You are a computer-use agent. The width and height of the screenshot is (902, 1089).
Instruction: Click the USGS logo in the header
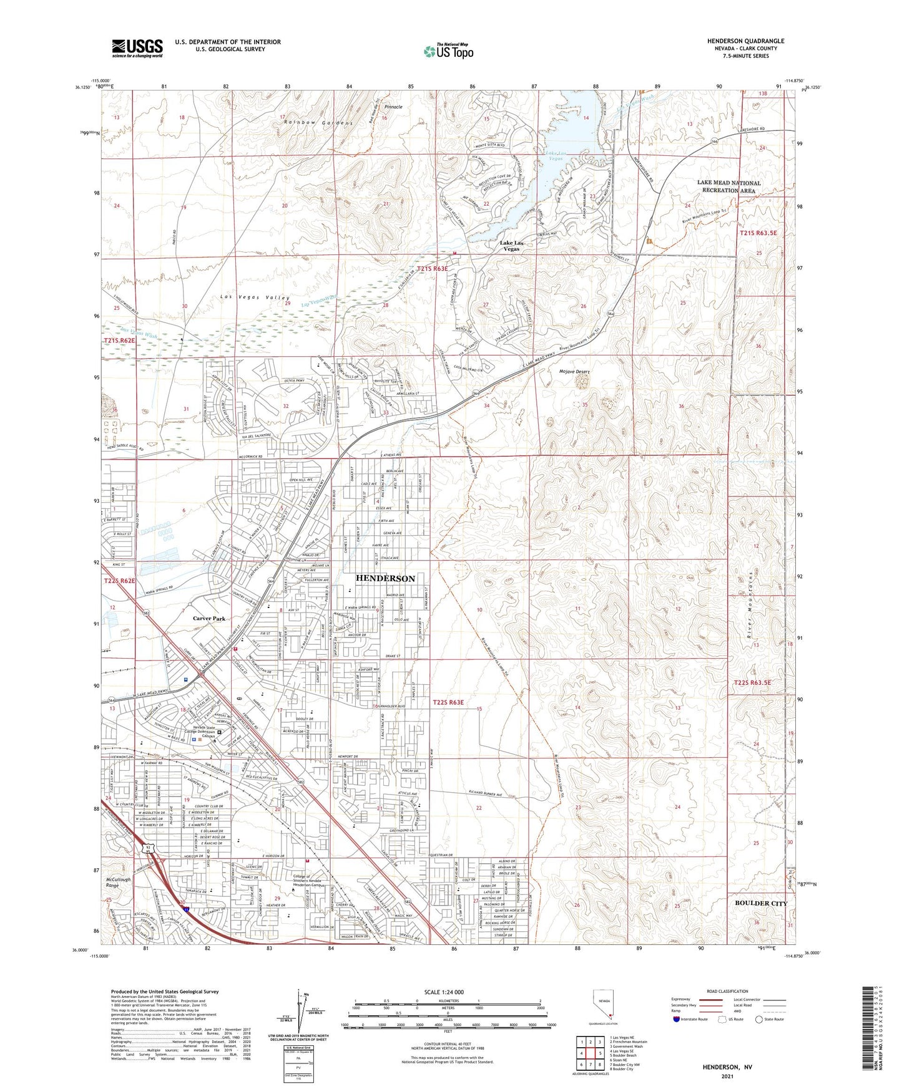tap(137, 47)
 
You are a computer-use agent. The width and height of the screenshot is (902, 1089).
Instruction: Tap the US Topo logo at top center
tap(448, 51)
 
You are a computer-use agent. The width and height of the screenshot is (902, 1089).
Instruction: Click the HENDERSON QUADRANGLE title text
tap(745, 41)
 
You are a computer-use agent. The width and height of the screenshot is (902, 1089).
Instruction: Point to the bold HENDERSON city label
tap(385, 578)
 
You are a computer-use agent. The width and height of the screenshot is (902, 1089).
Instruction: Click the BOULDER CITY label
tap(761, 903)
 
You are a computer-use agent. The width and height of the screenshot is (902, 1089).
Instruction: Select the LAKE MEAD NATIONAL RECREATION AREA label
tap(729, 186)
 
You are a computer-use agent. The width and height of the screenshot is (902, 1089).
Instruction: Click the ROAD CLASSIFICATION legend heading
tap(727, 991)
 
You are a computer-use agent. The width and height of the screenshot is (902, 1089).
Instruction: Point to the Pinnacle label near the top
tap(393, 107)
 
